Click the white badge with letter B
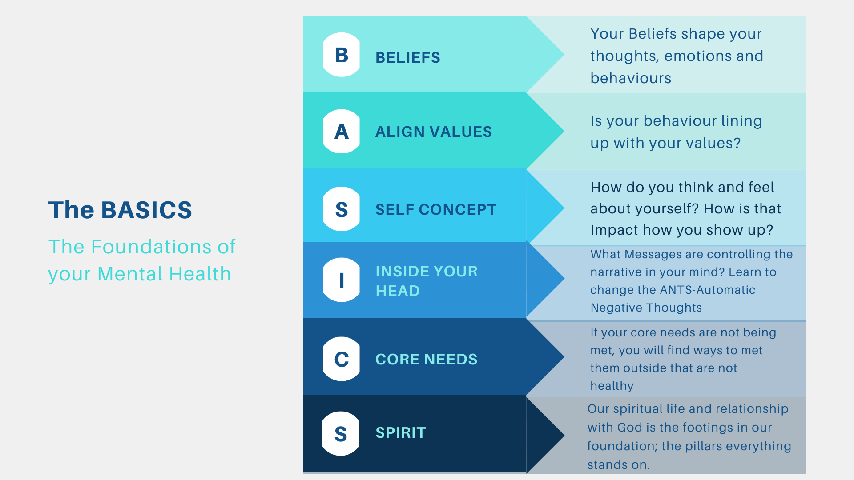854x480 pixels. (x=342, y=55)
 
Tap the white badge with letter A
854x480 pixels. (x=342, y=132)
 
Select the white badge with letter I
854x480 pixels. (x=342, y=280)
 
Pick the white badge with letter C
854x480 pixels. (x=342, y=359)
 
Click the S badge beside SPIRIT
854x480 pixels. (x=341, y=434)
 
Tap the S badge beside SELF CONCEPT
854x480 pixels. (x=342, y=209)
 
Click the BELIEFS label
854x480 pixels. (x=408, y=58)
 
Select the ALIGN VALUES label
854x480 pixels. (x=434, y=132)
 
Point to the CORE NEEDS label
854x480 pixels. (x=426, y=359)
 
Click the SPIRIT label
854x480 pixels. (x=401, y=433)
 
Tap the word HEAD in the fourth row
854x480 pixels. (x=398, y=291)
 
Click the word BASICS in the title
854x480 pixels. (x=147, y=210)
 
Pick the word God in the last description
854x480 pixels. (x=629, y=428)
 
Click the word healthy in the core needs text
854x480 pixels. (x=612, y=386)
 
